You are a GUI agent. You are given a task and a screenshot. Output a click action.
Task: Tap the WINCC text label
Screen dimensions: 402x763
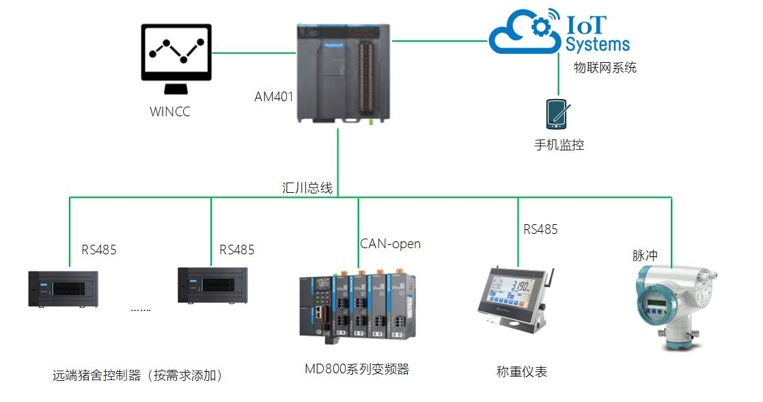pos(169,111)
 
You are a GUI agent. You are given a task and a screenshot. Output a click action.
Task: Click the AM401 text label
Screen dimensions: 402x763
pos(274,96)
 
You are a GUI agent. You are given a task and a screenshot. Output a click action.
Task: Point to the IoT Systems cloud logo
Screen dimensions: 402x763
pos(559,32)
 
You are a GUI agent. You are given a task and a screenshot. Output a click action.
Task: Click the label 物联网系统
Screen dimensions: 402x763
pos(605,68)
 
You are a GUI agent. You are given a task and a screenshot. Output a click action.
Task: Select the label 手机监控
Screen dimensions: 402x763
pos(559,145)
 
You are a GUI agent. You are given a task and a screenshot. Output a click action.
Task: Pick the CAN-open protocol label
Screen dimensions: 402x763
pos(390,243)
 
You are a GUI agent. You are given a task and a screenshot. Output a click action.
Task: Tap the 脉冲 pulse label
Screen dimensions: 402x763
pos(645,255)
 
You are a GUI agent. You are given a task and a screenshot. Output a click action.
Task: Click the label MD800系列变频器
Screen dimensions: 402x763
pos(357,369)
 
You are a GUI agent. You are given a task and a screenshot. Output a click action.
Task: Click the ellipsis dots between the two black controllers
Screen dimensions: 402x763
pos(141,309)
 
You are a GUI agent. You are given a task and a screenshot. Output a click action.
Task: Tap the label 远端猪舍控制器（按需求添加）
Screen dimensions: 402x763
pos(137,375)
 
